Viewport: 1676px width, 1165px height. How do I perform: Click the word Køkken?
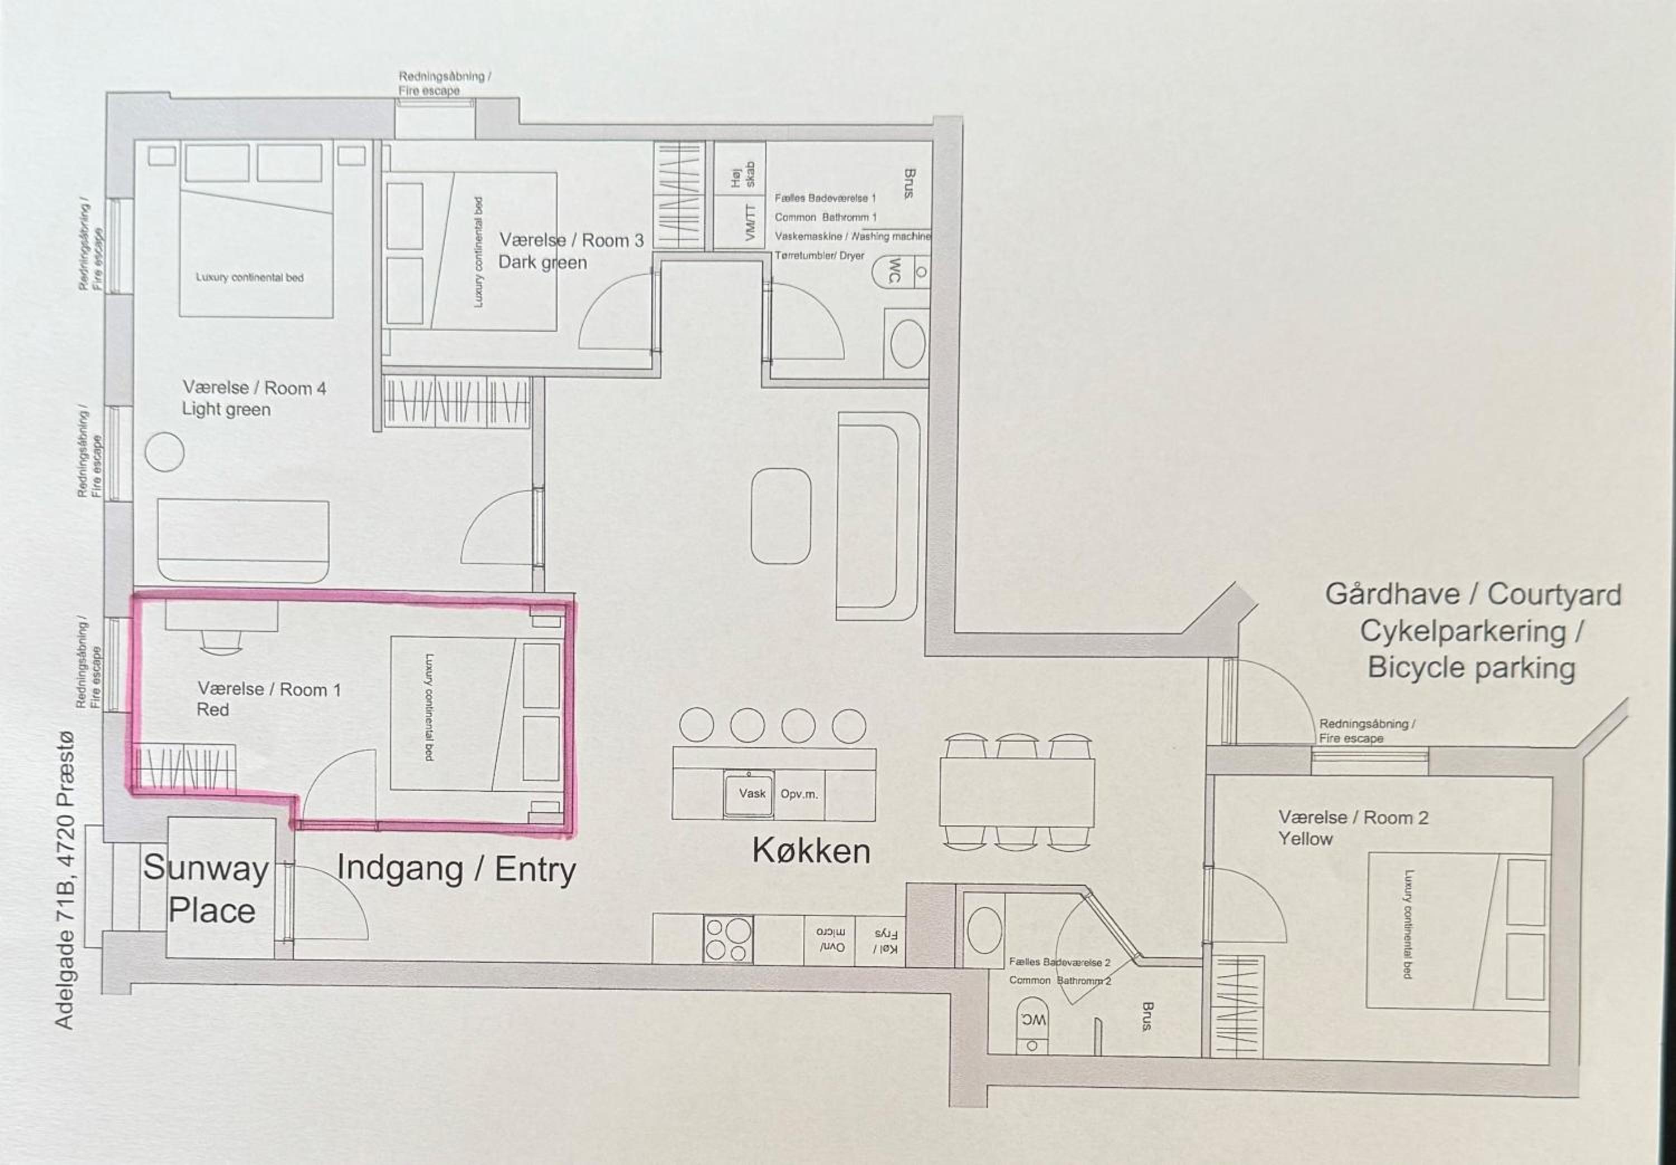point(811,851)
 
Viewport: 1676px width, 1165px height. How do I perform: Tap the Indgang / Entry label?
point(456,870)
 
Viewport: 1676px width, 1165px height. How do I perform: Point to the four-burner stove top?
point(728,939)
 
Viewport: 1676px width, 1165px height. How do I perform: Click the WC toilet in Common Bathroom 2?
point(1032,1025)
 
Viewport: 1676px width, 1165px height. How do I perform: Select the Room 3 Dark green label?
point(571,251)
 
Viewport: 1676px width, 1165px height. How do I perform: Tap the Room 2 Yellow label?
point(1353,828)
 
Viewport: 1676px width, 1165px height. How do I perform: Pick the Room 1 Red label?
point(269,699)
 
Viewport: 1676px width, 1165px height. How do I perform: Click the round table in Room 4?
point(164,452)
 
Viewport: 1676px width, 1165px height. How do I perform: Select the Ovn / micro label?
point(830,940)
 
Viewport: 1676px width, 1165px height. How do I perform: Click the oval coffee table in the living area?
point(781,516)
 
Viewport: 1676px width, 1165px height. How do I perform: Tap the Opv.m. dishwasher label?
point(798,794)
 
